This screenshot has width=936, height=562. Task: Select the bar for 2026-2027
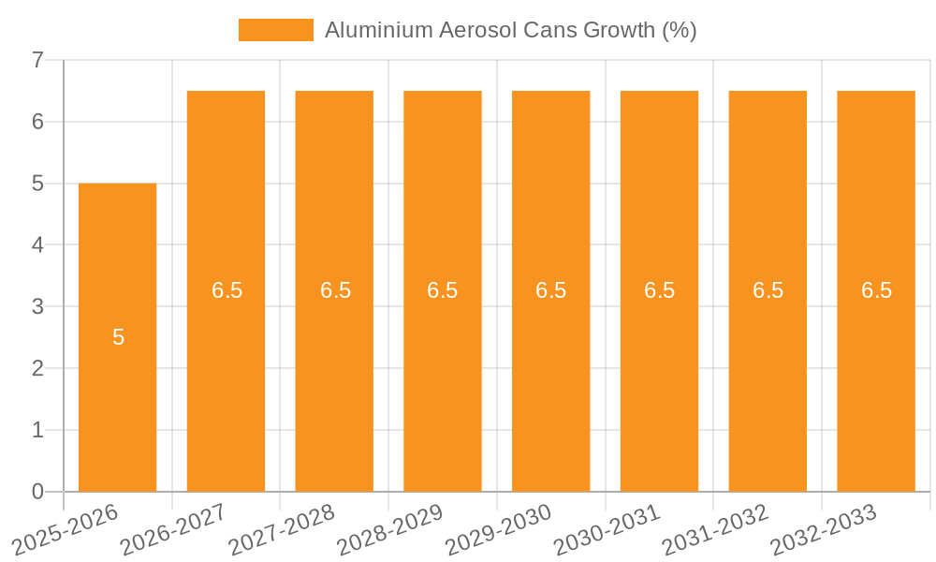click(x=226, y=375)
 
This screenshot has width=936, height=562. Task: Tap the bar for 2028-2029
click(x=442, y=375)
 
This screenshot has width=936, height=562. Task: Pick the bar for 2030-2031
click(x=659, y=375)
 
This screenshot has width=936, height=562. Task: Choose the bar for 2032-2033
click(x=875, y=375)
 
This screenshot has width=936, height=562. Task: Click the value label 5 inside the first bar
click(x=118, y=337)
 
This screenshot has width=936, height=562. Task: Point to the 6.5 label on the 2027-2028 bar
click(x=335, y=290)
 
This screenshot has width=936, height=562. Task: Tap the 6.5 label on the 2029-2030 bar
click(x=550, y=290)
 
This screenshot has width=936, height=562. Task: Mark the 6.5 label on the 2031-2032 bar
click(x=768, y=290)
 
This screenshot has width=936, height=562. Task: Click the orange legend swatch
click(x=275, y=30)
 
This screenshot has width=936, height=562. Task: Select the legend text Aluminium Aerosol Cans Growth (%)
click(x=510, y=30)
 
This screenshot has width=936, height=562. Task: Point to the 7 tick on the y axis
click(x=37, y=60)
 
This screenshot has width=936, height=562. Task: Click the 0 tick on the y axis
click(x=37, y=492)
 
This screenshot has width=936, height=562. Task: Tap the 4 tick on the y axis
click(x=37, y=245)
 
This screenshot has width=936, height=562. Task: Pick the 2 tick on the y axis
click(x=37, y=368)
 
